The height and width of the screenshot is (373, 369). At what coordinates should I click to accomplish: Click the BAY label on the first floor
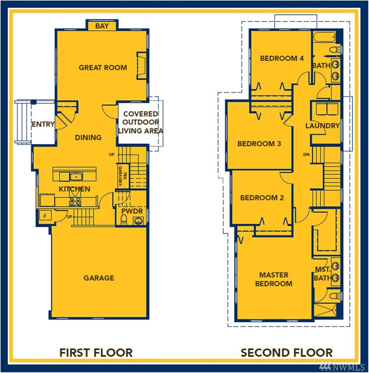[102, 26]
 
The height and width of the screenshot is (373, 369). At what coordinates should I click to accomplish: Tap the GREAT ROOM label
[103, 67]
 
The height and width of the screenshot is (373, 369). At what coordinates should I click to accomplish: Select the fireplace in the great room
[142, 65]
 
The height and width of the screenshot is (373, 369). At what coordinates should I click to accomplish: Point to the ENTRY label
[43, 124]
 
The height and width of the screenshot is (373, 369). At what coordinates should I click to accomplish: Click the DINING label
[88, 137]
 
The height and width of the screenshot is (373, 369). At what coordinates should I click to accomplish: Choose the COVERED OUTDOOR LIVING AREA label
[140, 122]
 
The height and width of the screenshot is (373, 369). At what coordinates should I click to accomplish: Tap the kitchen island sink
[76, 177]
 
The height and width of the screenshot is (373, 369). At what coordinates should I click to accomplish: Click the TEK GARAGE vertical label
[123, 176]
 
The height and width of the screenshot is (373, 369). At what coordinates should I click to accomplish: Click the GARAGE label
[99, 278]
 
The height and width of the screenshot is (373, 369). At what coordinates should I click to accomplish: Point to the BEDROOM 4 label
[282, 58]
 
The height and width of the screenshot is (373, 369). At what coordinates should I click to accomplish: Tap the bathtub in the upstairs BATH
[324, 37]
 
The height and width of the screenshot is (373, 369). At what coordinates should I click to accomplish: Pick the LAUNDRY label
[323, 126]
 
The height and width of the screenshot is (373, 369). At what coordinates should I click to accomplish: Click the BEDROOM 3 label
[259, 144]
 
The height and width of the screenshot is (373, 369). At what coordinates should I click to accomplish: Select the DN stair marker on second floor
[307, 155]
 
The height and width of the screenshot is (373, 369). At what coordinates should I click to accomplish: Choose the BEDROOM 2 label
[262, 198]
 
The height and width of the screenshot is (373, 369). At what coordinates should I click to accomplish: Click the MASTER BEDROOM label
[274, 279]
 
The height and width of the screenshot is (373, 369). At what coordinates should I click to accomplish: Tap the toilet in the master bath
[336, 296]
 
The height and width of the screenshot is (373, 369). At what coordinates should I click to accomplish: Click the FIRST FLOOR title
[96, 352]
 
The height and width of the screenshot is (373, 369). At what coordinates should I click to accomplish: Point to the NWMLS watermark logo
[342, 366]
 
